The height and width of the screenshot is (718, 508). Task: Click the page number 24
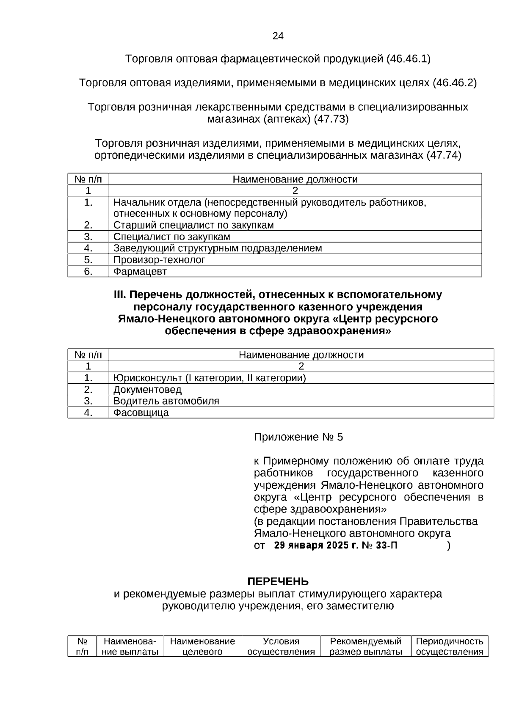click(278, 36)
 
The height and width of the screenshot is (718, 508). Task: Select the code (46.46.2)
click(455, 83)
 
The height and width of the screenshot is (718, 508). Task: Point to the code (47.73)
click(331, 119)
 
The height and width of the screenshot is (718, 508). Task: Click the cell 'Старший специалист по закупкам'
click(193, 225)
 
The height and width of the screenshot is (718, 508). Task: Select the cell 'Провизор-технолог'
click(159, 260)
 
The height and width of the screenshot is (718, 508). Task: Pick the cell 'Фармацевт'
click(140, 272)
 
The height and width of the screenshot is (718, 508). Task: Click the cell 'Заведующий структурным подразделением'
click(218, 248)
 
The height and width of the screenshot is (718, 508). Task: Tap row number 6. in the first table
click(88, 272)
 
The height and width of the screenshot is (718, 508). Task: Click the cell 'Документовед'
click(147, 390)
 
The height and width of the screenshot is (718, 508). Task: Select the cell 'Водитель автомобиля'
click(166, 401)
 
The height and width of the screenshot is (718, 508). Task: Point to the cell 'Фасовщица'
click(141, 413)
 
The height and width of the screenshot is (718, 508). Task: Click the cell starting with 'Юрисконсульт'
click(210, 378)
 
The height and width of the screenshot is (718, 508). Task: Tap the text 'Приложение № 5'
click(298, 437)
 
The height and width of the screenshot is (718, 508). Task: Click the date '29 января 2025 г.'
click(316, 545)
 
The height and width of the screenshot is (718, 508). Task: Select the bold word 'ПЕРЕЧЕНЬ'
click(278, 581)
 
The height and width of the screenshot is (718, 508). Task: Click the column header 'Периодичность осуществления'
click(450, 646)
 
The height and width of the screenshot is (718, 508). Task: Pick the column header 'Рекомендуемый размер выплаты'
click(366, 646)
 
